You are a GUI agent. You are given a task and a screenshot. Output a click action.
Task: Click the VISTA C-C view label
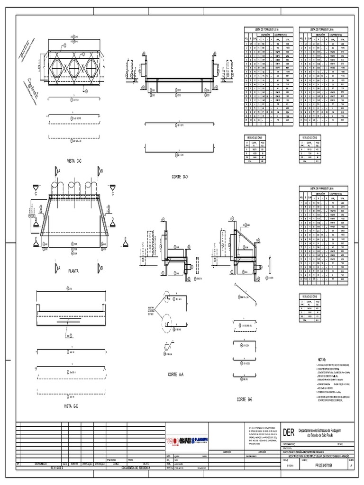pyautogui.click(x=75, y=161)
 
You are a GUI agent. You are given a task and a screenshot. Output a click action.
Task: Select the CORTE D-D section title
pyautogui.click(x=180, y=176)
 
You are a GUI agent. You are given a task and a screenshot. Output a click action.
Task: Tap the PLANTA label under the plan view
pyautogui.click(x=73, y=271)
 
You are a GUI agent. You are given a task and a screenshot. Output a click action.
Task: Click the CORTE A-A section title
pyautogui.click(x=175, y=374)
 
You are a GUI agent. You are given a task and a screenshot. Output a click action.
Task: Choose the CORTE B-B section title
pyautogui.click(x=245, y=400)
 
